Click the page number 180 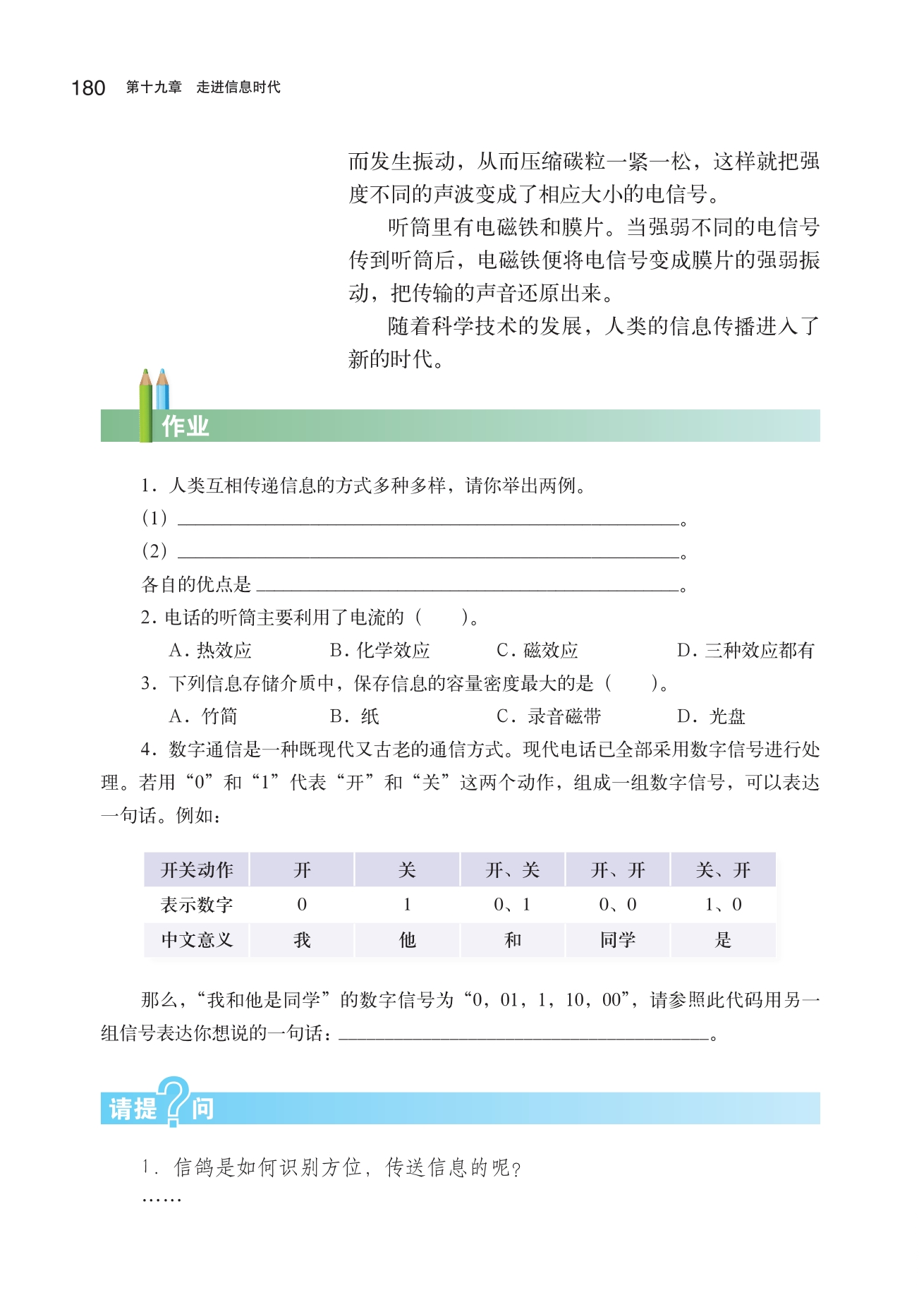[x=88, y=88]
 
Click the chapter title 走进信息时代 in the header [x=238, y=88]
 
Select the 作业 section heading [x=185, y=426]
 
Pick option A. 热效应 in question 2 [x=210, y=651]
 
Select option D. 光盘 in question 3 [x=711, y=717]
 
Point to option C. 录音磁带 [x=549, y=717]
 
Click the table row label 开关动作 [x=197, y=870]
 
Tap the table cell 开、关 [x=513, y=870]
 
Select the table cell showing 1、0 [x=723, y=905]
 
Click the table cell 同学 [x=618, y=940]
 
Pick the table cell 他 [x=407, y=940]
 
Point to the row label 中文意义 [x=197, y=940]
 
